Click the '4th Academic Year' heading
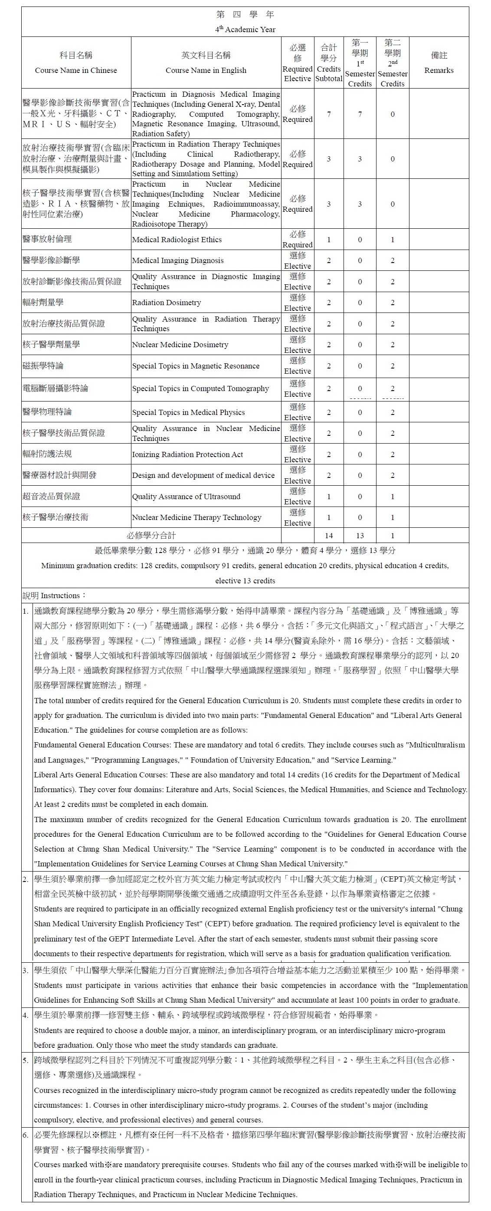[245, 29]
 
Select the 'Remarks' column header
[439, 70]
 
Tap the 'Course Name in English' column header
[206, 70]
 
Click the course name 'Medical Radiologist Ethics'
[177, 240]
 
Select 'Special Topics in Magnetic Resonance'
[196, 366]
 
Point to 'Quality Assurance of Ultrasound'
[186, 497]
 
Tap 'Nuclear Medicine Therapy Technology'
[196, 517]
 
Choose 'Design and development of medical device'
[203, 475]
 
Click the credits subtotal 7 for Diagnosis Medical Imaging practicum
[328, 114]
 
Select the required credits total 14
[328, 536]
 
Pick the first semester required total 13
[360, 536]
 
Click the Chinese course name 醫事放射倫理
[47, 239]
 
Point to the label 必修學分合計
[151, 536]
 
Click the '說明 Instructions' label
[54, 596]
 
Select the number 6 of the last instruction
[26, 1135]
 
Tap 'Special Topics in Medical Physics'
[188, 413]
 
